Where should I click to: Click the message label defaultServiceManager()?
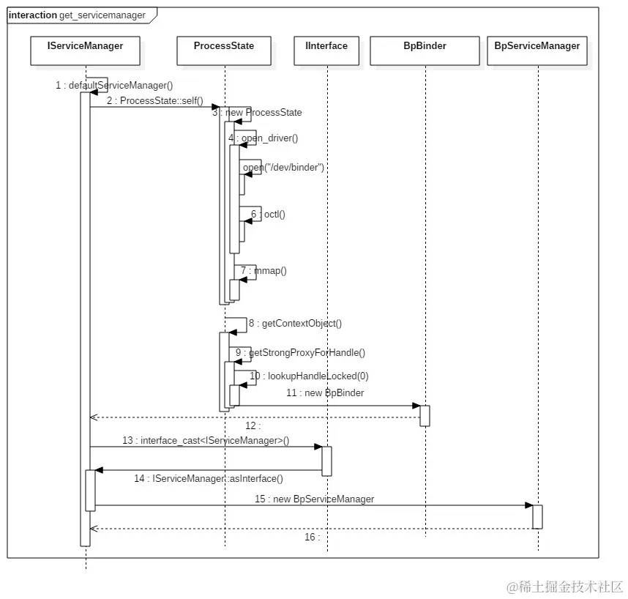click(x=114, y=86)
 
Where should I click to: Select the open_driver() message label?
click(x=263, y=138)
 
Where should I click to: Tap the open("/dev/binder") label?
click(x=283, y=168)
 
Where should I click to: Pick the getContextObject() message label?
click(x=295, y=323)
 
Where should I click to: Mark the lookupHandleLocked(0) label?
click(x=309, y=376)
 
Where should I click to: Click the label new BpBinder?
click(x=325, y=393)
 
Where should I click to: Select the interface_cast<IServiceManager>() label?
click(x=206, y=440)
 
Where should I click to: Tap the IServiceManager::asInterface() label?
click(x=209, y=478)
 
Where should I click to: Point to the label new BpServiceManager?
click(x=314, y=499)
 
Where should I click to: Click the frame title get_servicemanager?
click(x=97, y=15)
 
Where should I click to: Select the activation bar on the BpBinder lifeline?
click(x=425, y=415)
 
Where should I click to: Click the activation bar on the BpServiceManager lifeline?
click(x=537, y=516)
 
